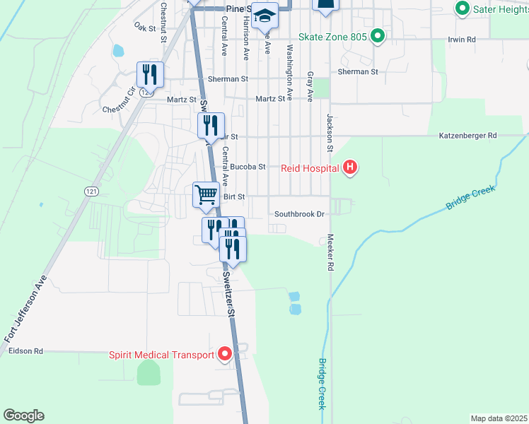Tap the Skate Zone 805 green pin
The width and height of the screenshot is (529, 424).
pos(378,35)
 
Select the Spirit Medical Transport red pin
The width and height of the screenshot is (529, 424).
pos(225,354)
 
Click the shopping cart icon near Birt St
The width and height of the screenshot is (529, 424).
pos(206,194)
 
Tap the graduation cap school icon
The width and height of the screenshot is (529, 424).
pos(265,16)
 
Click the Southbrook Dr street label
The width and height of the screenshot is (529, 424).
pos(299,213)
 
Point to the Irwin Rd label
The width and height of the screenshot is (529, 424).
pos(461,40)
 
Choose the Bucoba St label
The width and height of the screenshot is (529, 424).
pos(248,167)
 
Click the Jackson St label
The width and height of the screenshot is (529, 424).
pos(330,134)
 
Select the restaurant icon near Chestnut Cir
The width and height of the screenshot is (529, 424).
pos(151,73)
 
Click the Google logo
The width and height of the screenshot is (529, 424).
pos(23,416)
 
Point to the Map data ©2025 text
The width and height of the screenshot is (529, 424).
pos(499,418)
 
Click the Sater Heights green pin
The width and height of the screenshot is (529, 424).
pos(463,9)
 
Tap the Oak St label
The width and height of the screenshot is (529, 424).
pos(144,25)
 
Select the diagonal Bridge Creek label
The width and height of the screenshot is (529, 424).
pos(469,197)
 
